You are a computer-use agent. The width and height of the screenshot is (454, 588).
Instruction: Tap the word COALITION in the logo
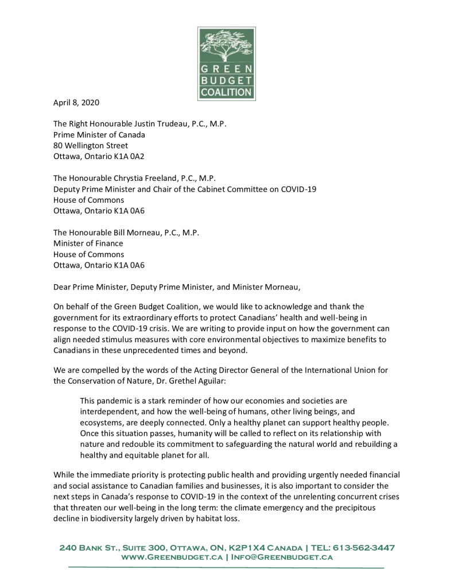pyautogui.click(x=227, y=92)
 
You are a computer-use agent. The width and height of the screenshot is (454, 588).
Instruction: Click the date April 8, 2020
pyautogui.click(x=76, y=103)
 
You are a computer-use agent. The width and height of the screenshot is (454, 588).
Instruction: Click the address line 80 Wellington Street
pyautogui.click(x=91, y=145)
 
